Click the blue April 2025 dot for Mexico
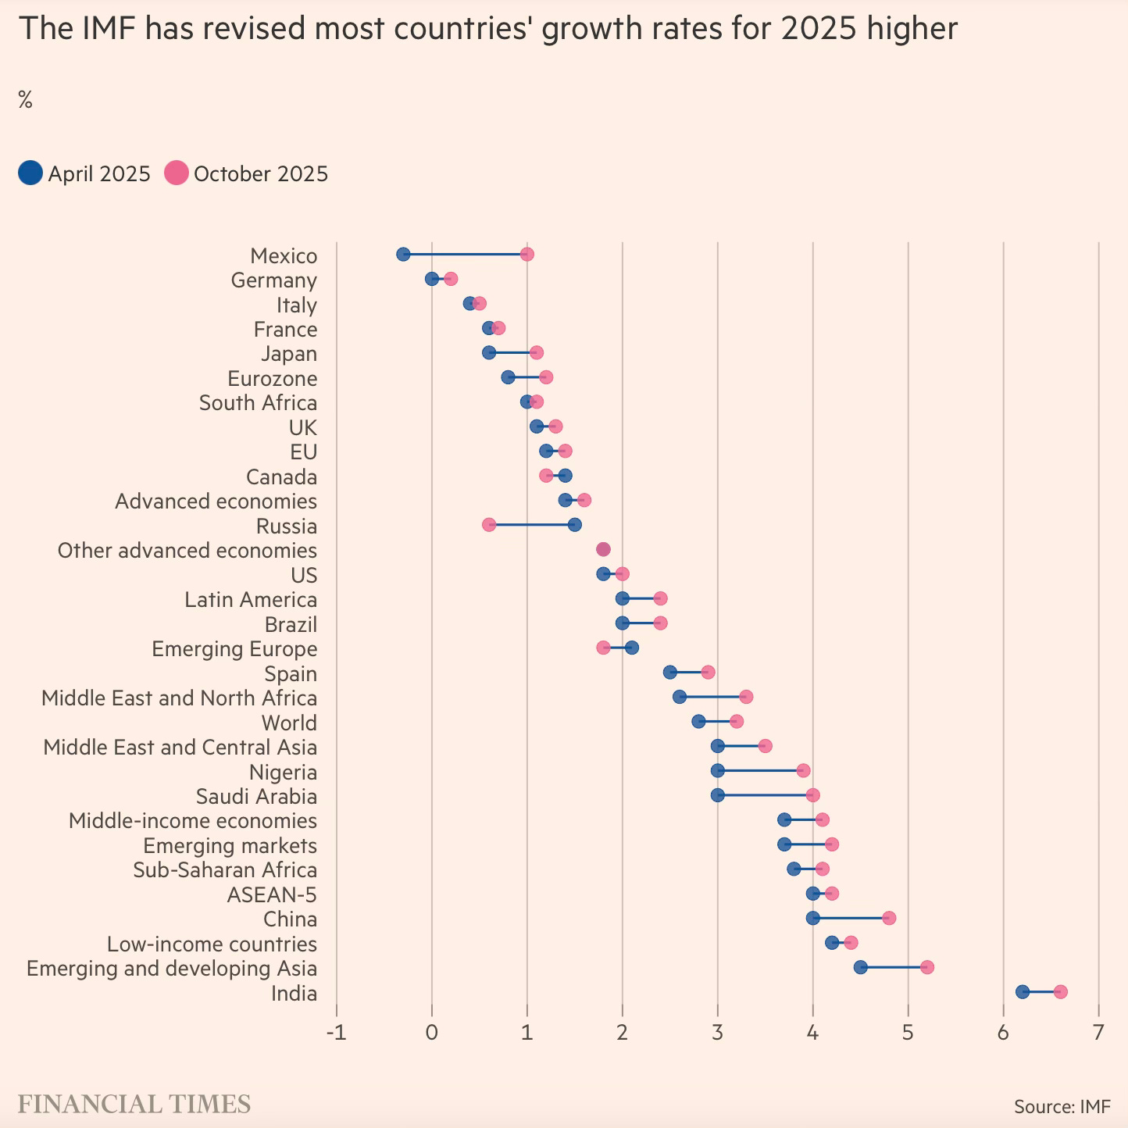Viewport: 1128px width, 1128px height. (403, 254)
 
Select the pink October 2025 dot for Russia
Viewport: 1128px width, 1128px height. (489, 525)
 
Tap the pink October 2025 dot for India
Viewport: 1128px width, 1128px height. (1060, 992)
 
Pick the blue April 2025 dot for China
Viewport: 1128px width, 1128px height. (812, 918)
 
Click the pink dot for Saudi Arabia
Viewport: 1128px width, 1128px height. (812, 795)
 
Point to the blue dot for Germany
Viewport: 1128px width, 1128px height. (432, 279)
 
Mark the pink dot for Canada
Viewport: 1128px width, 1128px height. (546, 476)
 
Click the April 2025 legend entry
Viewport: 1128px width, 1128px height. (84, 173)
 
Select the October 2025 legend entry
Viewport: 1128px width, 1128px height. (247, 173)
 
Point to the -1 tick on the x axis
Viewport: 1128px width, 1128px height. (337, 1033)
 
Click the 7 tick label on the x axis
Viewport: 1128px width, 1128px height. (1098, 1033)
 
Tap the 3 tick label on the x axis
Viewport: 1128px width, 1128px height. (717, 1033)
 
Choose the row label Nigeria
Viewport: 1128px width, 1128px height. (283, 773)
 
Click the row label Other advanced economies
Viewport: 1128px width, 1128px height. (187, 551)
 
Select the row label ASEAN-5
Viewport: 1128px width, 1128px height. (272, 895)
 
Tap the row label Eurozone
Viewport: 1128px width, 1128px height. (272, 379)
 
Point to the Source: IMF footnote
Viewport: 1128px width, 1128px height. (1062, 1106)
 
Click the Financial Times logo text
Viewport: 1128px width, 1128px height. (134, 1104)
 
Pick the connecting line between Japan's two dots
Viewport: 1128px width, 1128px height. (512, 352)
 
